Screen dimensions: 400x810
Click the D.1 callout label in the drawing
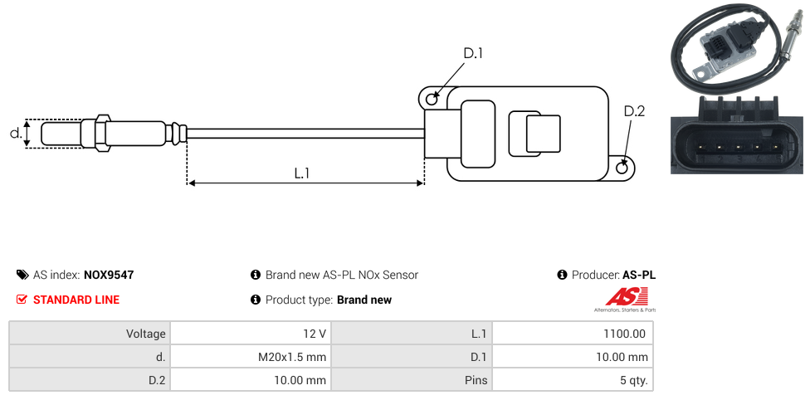[x=473, y=53]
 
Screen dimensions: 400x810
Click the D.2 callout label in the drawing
[x=633, y=111]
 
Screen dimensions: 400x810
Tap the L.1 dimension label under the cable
[x=302, y=173]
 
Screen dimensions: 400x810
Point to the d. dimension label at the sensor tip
[x=15, y=133]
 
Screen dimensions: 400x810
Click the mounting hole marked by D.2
[x=622, y=168]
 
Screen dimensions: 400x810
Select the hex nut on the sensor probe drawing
[x=103, y=133]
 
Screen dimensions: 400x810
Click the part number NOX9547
[x=109, y=275]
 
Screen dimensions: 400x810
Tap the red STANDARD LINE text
[x=76, y=300]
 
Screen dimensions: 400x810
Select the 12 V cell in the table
[x=250, y=334]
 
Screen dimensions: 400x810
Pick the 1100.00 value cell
[x=572, y=334]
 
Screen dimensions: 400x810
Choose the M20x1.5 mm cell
[x=250, y=357]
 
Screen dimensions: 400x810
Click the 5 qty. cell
[x=572, y=381]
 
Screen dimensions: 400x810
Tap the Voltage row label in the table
[x=90, y=334]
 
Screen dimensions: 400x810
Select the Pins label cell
[x=412, y=381]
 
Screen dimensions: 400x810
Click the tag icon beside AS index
[x=22, y=275]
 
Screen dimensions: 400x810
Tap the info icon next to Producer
[x=562, y=275]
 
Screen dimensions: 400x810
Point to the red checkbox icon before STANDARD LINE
[x=22, y=300]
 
